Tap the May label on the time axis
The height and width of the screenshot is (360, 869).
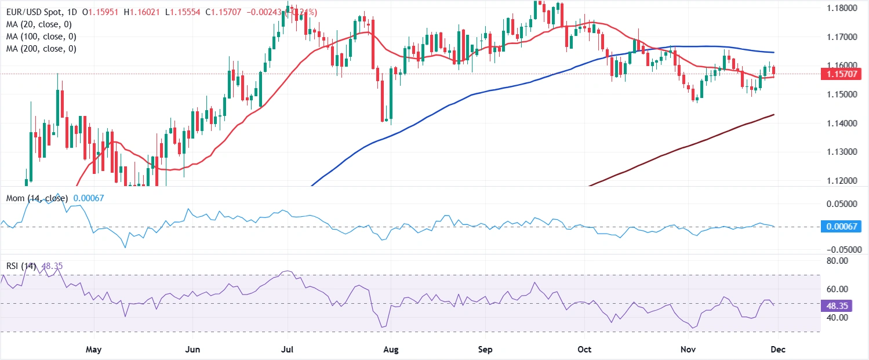click(x=93, y=350)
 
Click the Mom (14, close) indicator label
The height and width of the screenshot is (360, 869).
click(x=35, y=198)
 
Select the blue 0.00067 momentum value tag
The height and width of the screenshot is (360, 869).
click(x=842, y=226)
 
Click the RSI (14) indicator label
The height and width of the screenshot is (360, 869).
click(x=20, y=266)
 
